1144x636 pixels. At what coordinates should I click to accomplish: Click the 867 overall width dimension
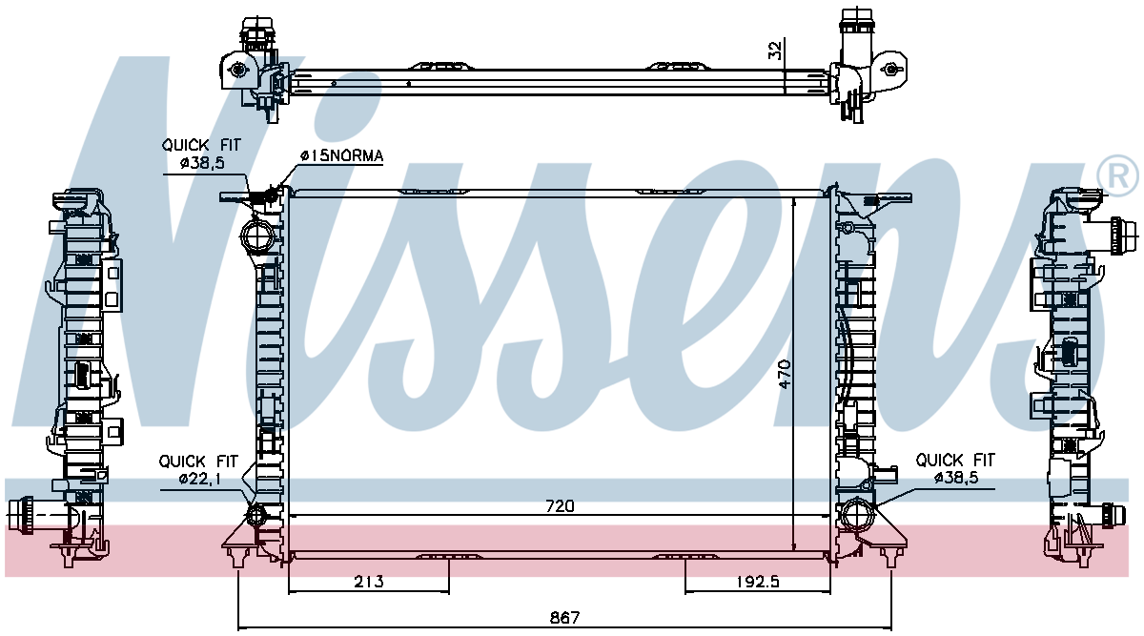tap(564, 618)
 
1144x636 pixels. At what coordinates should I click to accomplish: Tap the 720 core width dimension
tap(560, 506)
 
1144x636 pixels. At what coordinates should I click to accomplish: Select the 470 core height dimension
tap(785, 374)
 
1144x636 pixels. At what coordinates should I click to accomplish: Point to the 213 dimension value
tap(368, 582)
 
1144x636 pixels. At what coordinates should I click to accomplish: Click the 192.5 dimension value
tap(758, 582)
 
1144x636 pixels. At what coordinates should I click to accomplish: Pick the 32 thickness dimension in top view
tap(775, 51)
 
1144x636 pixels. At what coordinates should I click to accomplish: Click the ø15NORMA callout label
tap(341, 155)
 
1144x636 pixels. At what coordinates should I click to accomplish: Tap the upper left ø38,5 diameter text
tap(202, 163)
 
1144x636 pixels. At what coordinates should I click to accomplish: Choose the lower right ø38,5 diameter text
tap(956, 478)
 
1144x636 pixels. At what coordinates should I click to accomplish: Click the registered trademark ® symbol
tap(1117, 176)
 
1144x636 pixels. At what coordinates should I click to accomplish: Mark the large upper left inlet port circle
tap(256, 236)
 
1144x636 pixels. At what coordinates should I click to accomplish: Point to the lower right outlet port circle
tap(857, 514)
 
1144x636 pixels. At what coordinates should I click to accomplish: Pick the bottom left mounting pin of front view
tap(237, 557)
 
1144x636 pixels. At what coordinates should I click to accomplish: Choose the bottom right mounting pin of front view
tap(890, 557)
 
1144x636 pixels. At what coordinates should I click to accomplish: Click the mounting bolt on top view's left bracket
tap(237, 70)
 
